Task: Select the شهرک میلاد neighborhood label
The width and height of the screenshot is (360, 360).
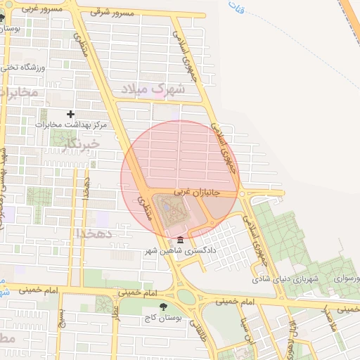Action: [x=152, y=89]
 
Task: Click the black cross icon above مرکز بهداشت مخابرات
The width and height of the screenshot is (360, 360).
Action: [x=70, y=114]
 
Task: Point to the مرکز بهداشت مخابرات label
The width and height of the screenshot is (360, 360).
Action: [x=70, y=124]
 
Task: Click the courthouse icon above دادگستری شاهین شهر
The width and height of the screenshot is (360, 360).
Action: [x=181, y=241]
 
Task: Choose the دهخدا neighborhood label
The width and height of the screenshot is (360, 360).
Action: [x=91, y=233]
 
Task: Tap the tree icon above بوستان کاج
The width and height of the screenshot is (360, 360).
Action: [x=164, y=307]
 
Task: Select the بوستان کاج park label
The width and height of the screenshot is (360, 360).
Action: [x=163, y=318]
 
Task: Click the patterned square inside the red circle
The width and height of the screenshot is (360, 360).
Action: [x=168, y=210]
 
